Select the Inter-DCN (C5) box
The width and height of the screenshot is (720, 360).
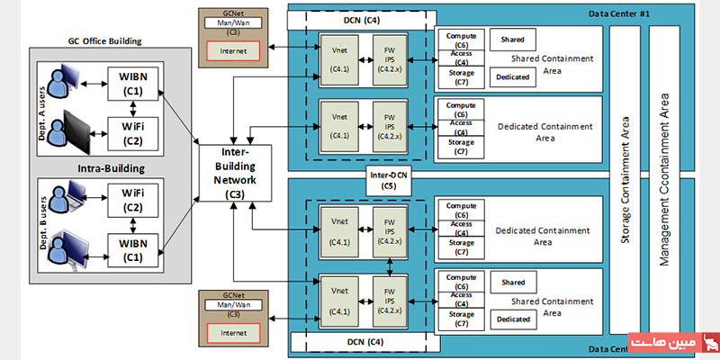pyautogui.click(x=389, y=180)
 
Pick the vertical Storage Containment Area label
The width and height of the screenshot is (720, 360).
pyautogui.click(x=624, y=180)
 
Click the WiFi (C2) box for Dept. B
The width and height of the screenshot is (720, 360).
pyautogui.click(x=132, y=199)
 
